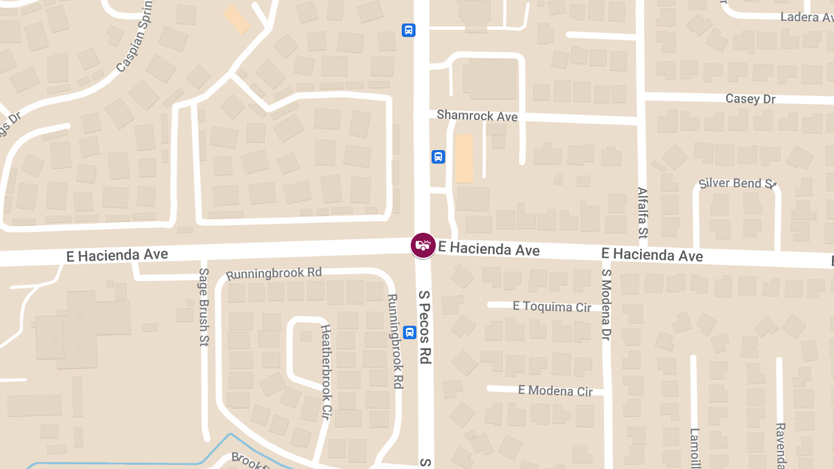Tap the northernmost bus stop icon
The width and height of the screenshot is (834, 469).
pos(409,30)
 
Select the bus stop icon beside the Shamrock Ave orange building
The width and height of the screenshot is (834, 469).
pos(438,156)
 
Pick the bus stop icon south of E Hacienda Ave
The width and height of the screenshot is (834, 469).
pos(409,332)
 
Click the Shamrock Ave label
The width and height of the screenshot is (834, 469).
pos(477,116)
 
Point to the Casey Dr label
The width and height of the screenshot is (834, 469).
pos(750,99)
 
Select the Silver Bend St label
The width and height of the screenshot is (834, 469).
pos(737,183)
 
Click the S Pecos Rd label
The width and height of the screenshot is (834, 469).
pos(425,326)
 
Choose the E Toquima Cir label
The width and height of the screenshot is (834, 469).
pos(552,306)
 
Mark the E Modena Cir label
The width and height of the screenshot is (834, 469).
pos(555,390)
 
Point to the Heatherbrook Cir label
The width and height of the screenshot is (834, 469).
pos(325,372)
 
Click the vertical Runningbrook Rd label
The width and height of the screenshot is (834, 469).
pos(394,340)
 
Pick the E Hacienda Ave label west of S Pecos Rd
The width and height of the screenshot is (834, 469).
pos(117,255)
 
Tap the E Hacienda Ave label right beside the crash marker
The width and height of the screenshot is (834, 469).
pos(489,249)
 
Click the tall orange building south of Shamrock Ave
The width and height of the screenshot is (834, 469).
pos(464,158)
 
